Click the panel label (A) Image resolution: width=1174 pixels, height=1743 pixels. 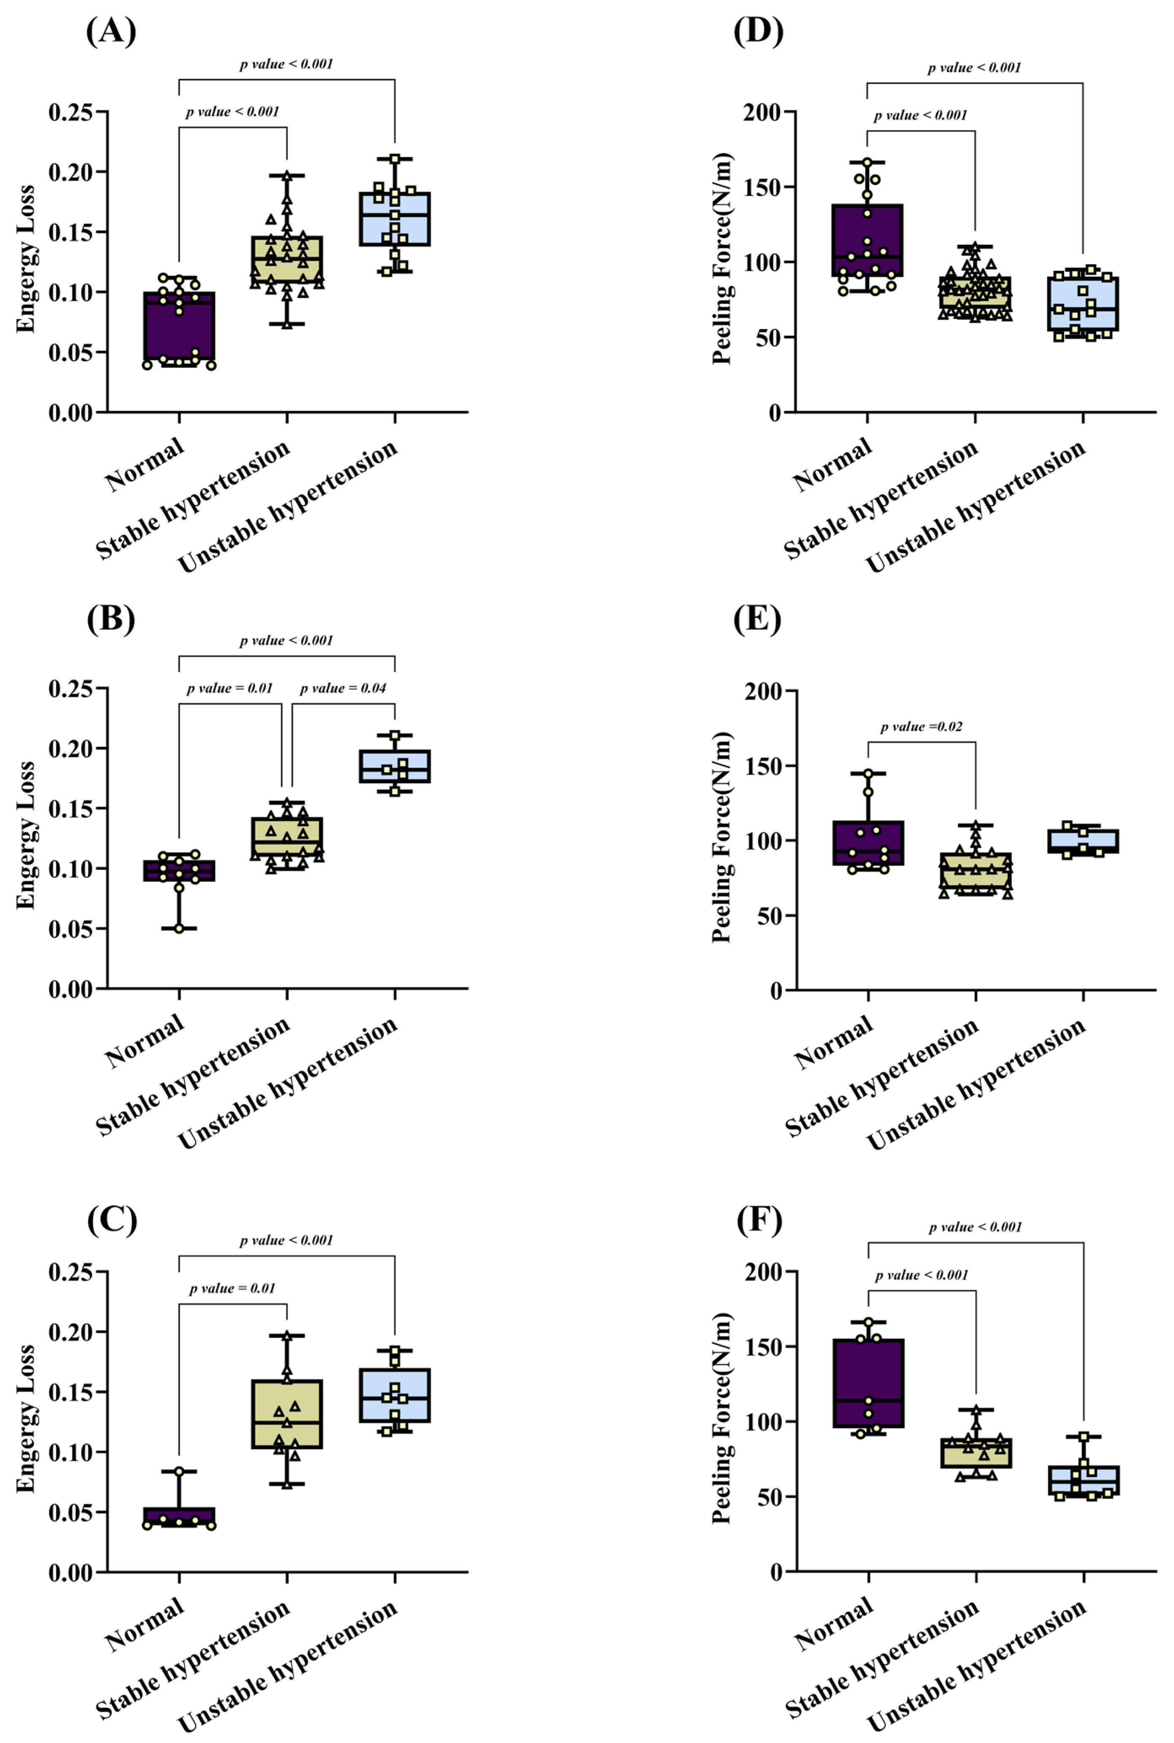(x=111, y=32)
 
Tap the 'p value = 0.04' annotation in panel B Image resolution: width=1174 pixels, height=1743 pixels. (x=343, y=688)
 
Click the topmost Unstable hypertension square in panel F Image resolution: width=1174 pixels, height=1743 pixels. (x=1083, y=1437)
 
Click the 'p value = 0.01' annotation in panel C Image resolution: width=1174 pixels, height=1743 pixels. (x=232, y=1288)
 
